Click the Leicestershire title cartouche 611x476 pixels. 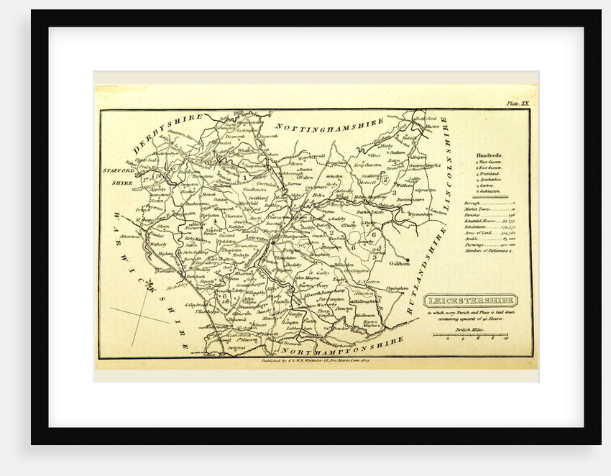pos(469,301)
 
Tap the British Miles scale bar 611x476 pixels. pos(471,335)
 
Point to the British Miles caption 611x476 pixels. pos(471,328)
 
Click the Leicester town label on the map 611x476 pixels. pos(257,237)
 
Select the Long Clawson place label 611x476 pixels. pos(368,165)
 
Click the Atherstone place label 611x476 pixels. pos(132,236)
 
